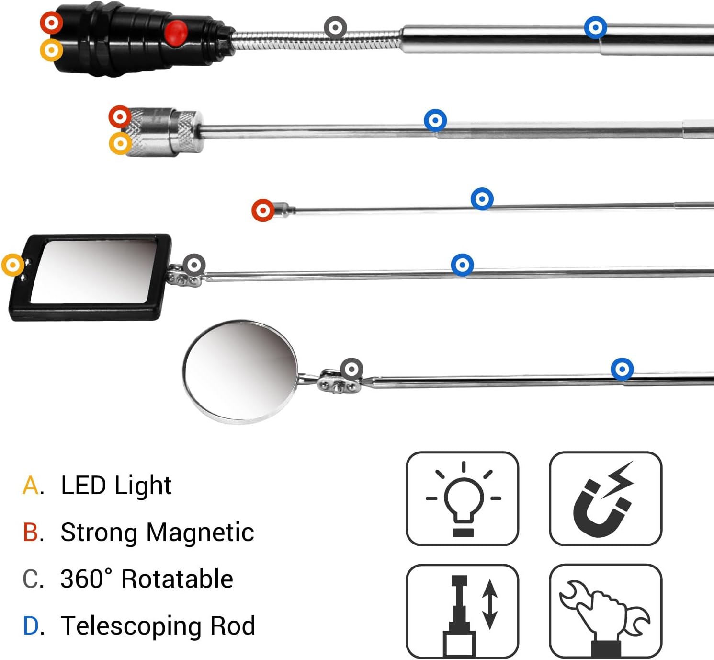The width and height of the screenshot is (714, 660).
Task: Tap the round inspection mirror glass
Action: [240, 371]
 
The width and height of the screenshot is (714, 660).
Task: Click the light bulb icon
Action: [462, 498]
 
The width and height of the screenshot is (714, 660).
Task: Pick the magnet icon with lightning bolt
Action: [605, 498]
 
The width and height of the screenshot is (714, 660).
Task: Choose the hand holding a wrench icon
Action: [605, 611]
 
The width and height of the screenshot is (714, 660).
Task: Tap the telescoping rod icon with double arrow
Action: [462, 611]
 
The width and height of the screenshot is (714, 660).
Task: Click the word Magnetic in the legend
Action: [200, 533]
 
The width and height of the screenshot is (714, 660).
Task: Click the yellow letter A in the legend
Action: [31, 486]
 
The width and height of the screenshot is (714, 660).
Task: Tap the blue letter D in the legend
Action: [31, 626]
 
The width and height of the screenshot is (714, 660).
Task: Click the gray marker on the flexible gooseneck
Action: [335, 28]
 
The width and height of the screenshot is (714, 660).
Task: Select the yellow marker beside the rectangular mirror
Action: [13, 265]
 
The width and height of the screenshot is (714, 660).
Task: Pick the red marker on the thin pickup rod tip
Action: [263, 210]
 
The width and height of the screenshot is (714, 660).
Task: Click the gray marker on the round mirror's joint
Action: [352, 369]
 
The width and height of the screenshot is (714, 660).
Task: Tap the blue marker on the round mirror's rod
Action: [622, 369]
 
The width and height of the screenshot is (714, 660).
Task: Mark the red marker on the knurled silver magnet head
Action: [120, 116]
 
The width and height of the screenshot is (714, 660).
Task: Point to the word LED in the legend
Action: [83, 486]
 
